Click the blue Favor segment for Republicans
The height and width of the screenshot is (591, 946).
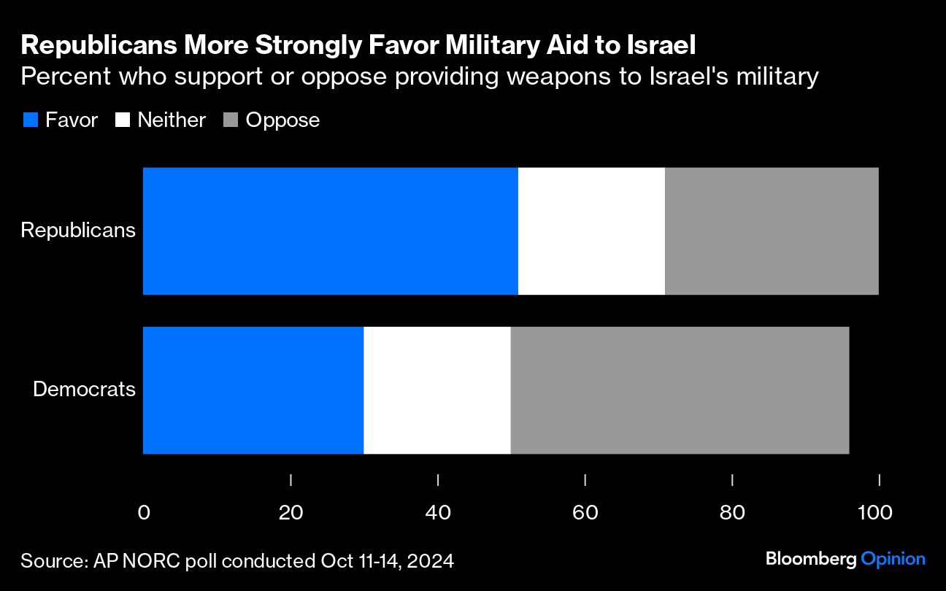tap(330, 231)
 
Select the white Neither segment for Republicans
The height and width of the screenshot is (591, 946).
tap(591, 231)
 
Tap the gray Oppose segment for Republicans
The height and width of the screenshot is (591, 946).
tap(772, 231)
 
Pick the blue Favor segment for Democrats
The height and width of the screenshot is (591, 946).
tap(253, 390)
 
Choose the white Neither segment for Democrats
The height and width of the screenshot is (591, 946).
tap(437, 390)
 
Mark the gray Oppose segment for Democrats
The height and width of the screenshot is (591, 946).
tap(680, 390)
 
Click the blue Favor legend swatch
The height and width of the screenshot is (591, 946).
tap(30, 120)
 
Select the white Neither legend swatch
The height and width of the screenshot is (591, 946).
tap(122, 120)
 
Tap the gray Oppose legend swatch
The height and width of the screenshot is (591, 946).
tap(230, 120)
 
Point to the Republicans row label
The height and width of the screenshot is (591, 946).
tap(78, 231)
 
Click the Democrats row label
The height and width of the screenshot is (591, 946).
tap(85, 389)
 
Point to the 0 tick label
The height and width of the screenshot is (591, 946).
tap(144, 513)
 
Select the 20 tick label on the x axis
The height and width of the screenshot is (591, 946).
tap(291, 513)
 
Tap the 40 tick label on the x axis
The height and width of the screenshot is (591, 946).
tap(438, 513)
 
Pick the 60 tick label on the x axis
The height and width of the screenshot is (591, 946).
tap(585, 513)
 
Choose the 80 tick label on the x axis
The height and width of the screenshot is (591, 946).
tap(732, 513)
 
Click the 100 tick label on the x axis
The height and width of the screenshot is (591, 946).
tap(874, 513)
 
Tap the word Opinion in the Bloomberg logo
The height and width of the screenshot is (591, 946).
tap(893, 560)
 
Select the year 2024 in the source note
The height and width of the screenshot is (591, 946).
tap(431, 561)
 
